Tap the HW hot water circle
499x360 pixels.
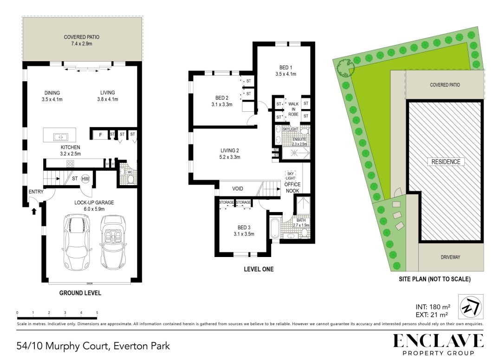(85, 179)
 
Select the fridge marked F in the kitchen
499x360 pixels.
(100, 135)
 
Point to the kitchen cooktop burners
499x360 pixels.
(71, 163)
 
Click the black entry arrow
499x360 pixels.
(33, 211)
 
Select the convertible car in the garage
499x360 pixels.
(111, 245)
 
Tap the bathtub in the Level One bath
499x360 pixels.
(275, 228)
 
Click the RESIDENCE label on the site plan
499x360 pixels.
(446, 161)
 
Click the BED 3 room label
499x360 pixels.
(242, 231)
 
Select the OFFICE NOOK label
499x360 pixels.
(292, 187)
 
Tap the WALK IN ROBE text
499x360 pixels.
(293, 110)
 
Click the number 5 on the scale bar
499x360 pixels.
(97, 313)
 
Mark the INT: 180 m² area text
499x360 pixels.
(432, 307)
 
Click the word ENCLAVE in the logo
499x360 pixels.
(438, 341)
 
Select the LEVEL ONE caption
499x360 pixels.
(259, 269)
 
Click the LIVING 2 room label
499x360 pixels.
(230, 154)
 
